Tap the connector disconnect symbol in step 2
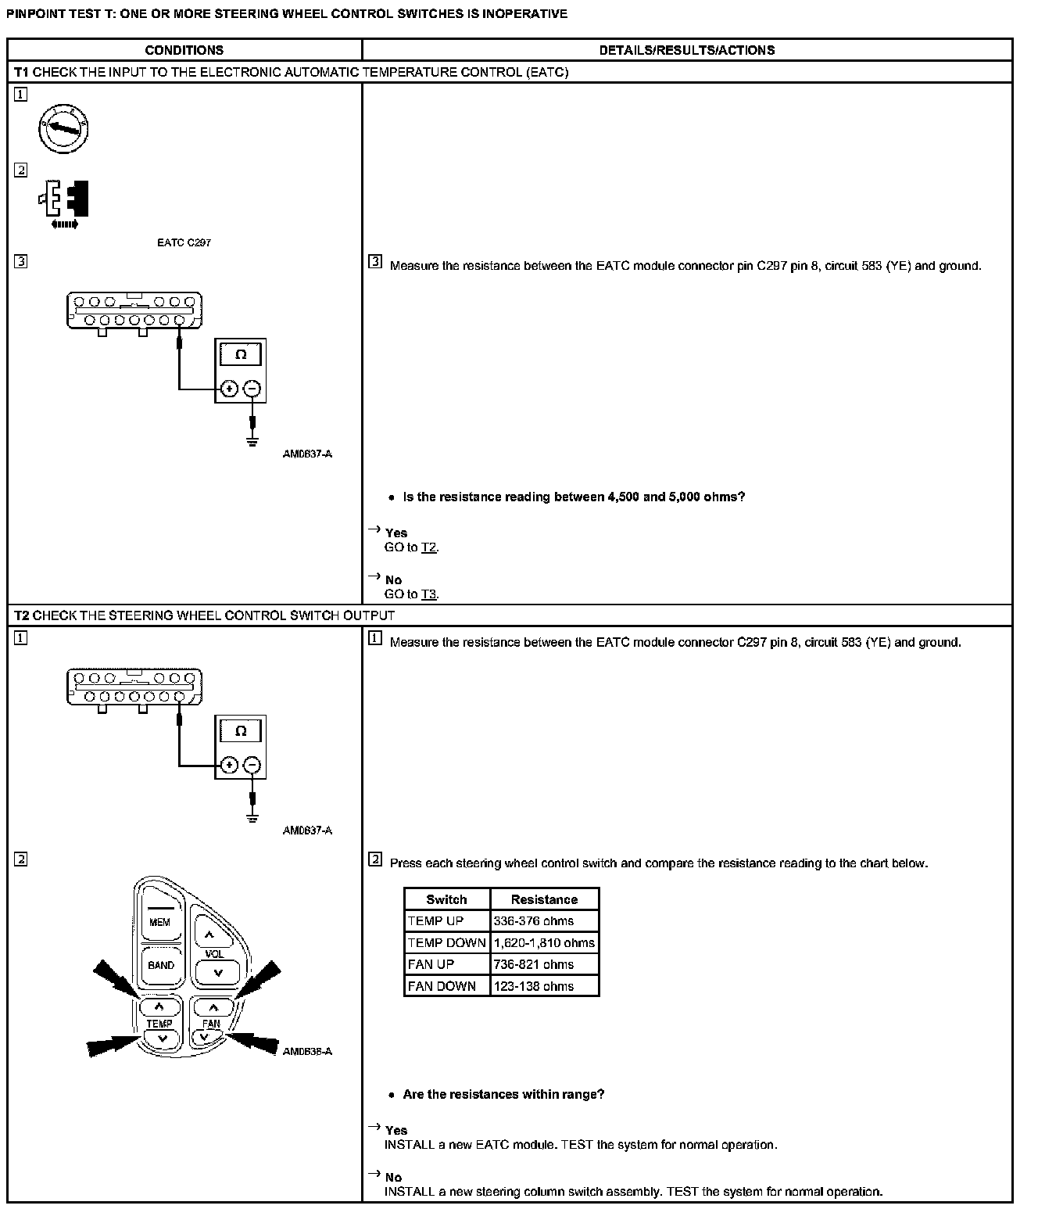click(x=64, y=200)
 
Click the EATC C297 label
click(x=184, y=242)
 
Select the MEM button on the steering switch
click(x=160, y=922)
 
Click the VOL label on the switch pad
click(x=213, y=954)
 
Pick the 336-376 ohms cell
click(x=534, y=921)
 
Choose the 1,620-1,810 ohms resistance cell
click(x=544, y=943)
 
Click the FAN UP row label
click(x=431, y=965)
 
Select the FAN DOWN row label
click(x=442, y=987)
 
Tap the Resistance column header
click(x=544, y=899)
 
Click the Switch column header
click(x=446, y=899)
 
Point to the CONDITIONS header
click(x=184, y=50)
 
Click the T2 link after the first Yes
click(x=429, y=547)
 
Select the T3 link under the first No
click(x=429, y=594)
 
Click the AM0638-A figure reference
click(x=307, y=1051)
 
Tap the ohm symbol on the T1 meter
click(x=241, y=354)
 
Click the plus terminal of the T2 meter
click(x=229, y=765)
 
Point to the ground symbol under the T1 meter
click(x=252, y=442)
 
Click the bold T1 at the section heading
click(x=21, y=72)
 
